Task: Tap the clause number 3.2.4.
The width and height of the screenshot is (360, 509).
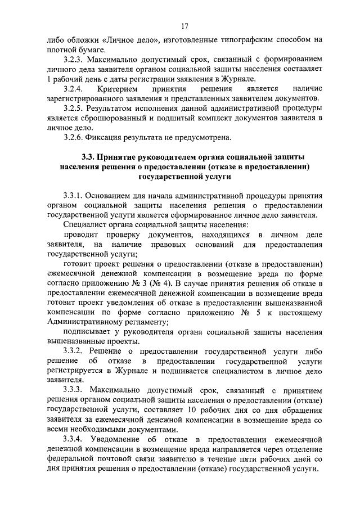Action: pos(74,88)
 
